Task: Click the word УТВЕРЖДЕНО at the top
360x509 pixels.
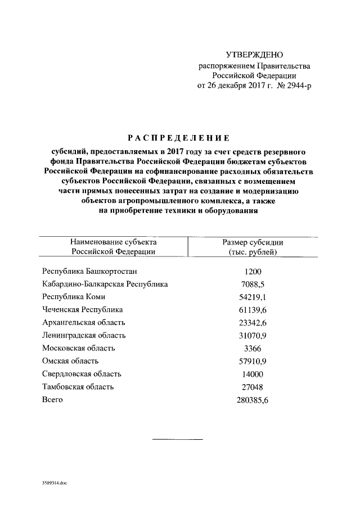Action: pyautogui.click(x=254, y=55)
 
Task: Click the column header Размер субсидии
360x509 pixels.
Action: pyautogui.click(x=253, y=242)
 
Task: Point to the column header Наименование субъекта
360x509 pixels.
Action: pyautogui.click(x=113, y=242)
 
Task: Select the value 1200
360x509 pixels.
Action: pyautogui.click(x=253, y=272)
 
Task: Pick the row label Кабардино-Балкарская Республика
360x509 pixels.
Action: pyautogui.click(x=105, y=285)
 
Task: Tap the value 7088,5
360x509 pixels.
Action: pyautogui.click(x=253, y=285)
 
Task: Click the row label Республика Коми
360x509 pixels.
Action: pyautogui.click(x=73, y=297)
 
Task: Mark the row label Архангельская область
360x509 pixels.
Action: pyautogui.click(x=84, y=322)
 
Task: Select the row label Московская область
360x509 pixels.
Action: pyautogui.click(x=79, y=348)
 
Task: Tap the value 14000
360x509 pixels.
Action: pyautogui.click(x=253, y=374)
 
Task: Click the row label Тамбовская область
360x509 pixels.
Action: pyautogui.click(x=78, y=387)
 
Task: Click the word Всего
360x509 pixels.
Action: pyautogui.click(x=53, y=400)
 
